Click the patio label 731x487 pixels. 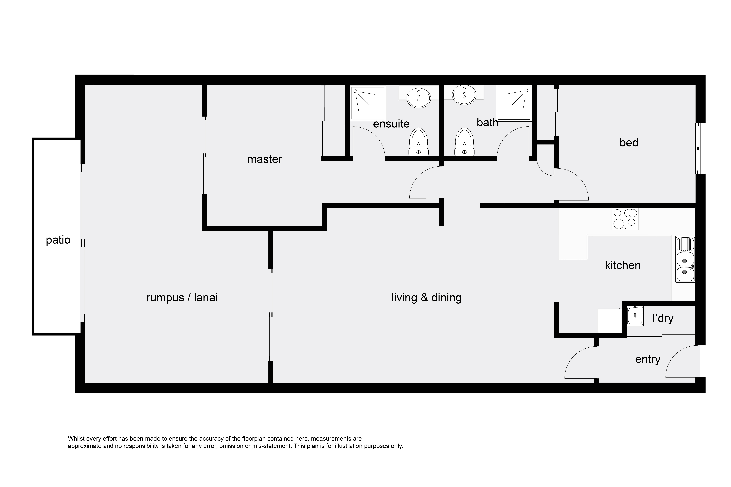click(x=58, y=240)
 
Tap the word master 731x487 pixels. click(x=265, y=159)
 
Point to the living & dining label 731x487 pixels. click(x=426, y=298)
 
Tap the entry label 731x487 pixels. click(x=648, y=359)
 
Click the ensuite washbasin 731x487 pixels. click(x=419, y=98)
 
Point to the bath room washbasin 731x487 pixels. click(x=464, y=95)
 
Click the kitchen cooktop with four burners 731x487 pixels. click(x=625, y=219)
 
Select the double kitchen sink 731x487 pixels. click(x=685, y=259)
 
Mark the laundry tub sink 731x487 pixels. click(x=635, y=316)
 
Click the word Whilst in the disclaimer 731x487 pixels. click(x=76, y=439)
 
